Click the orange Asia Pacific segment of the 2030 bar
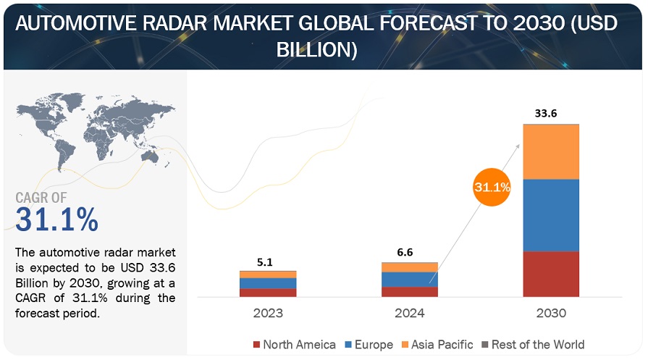tap(551, 151)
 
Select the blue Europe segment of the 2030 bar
tap(551, 215)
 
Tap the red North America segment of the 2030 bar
tap(551, 274)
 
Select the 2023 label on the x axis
tap(268, 314)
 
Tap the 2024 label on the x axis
tap(410, 314)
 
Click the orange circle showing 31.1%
tap(492, 187)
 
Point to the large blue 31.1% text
tap(56, 219)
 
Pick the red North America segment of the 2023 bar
tap(268, 293)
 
